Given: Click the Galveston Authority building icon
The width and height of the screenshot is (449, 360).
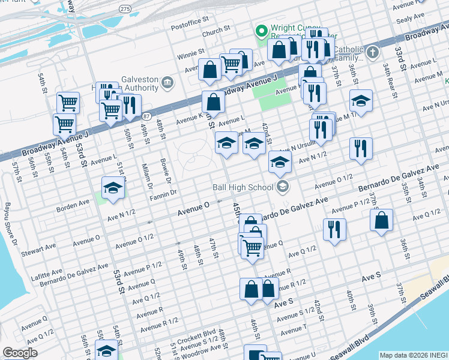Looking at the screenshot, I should tap(167, 82).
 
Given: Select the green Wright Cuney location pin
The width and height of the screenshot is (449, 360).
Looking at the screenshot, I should tap(261, 29).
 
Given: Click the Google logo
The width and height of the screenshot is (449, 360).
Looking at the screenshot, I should tap(20, 353).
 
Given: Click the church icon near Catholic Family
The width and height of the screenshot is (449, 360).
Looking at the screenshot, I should tap(372, 52).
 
